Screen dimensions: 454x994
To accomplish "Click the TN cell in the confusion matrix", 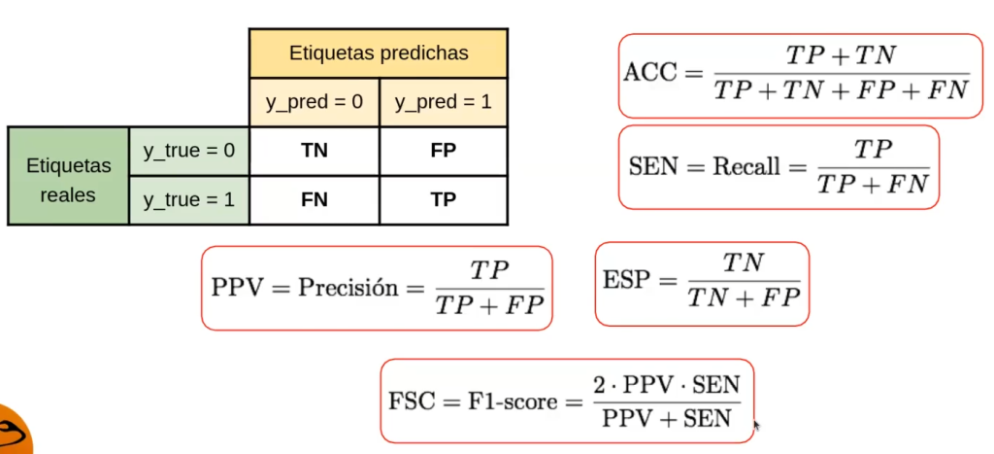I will pos(315,151).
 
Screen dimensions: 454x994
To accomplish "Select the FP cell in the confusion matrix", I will pos(443,151).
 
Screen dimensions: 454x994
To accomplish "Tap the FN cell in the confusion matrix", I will pos(315,200).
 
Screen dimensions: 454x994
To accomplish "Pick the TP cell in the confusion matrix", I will pos(443,200).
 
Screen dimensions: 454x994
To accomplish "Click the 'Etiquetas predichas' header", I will pos(379,52).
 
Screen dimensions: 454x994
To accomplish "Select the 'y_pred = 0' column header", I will pos(315,102).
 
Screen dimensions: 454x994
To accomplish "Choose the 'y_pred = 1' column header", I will pos(443,102).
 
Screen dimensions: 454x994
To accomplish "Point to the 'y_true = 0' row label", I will pos(189,151).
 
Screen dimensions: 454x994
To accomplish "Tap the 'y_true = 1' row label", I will pos(189,200).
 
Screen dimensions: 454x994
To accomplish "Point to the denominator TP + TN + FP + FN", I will pos(841,90).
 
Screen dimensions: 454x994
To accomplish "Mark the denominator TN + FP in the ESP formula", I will pos(744,298).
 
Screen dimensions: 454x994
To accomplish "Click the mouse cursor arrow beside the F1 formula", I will pos(756,424).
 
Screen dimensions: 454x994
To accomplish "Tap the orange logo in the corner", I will pos(14,433).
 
